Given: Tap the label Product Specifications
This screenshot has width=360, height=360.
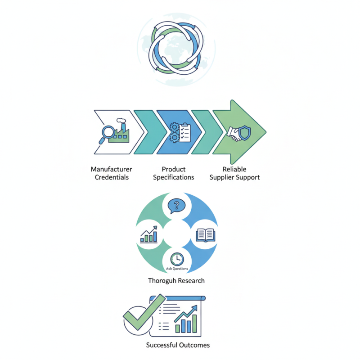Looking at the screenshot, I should [174, 173].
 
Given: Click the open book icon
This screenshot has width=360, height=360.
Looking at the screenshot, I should [206, 235].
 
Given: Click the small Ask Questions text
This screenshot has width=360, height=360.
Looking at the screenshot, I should [177, 269].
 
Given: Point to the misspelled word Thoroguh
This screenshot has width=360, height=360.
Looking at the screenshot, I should [162, 281].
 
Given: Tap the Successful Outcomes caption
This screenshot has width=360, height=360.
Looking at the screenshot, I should [178, 346].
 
